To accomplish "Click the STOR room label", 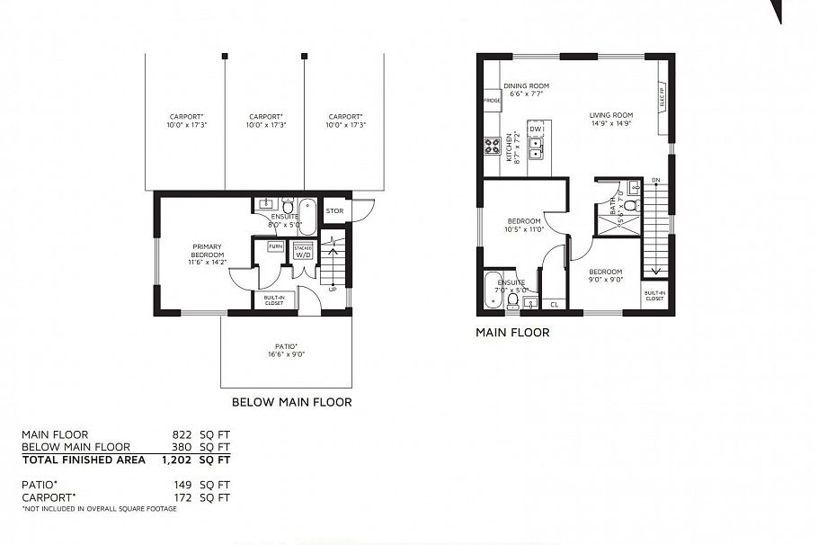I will pos(334,212).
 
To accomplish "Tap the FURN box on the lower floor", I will pos(275,246).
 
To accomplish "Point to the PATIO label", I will pos(287,349).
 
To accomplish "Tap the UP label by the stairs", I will pos(333,290).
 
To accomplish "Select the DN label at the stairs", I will pos(655,180).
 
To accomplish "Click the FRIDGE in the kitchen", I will pos(492,101).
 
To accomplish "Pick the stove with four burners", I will pos(492,146).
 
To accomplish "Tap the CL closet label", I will pos(554,305).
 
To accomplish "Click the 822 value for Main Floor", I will pos(183,434).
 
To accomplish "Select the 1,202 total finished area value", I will pos(178,459).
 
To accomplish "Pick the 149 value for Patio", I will pos(183,484).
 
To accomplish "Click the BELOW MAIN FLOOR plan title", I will pos(291,402).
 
